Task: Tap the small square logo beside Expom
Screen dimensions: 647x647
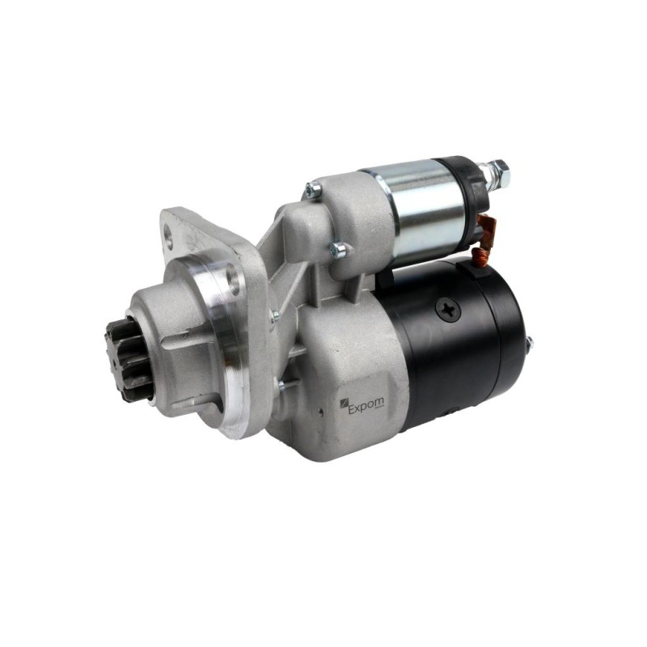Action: point(343,404)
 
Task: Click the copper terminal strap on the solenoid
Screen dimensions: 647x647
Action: point(488,232)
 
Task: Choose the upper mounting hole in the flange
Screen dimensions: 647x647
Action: point(169,234)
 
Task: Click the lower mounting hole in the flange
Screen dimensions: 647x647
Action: point(235,277)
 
